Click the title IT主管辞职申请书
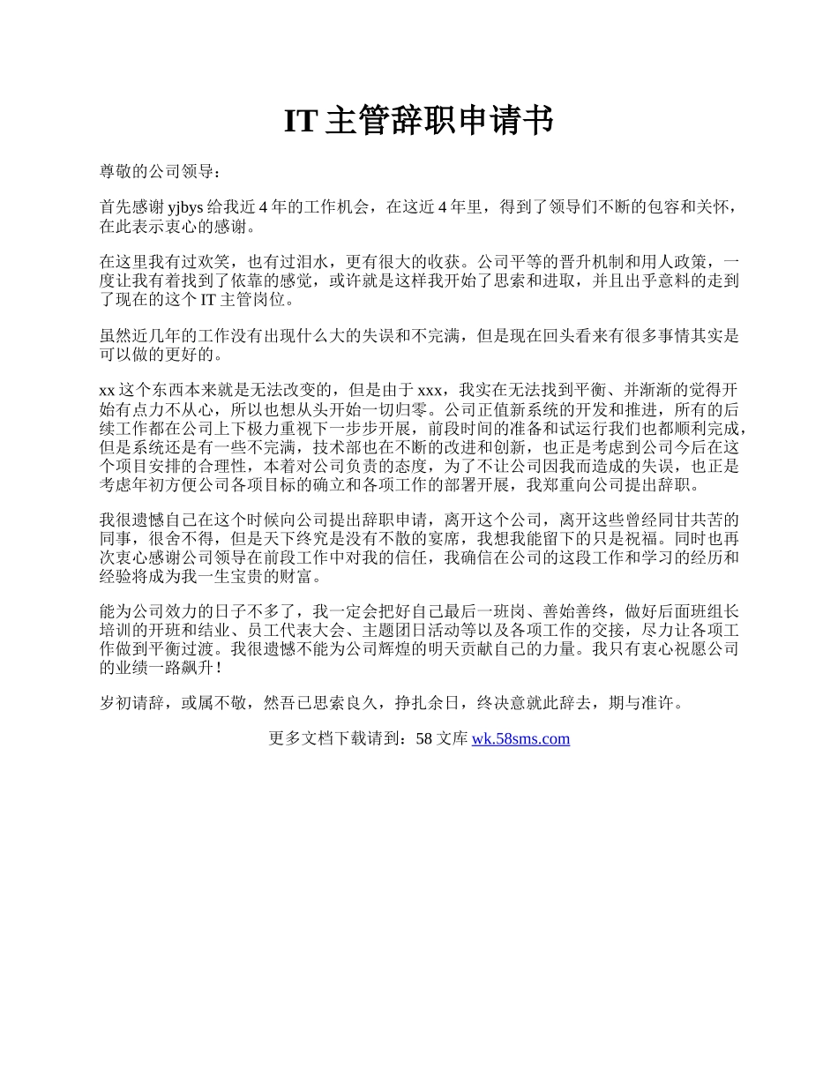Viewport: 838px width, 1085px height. click(418, 121)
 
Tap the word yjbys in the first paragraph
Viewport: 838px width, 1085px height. click(185, 207)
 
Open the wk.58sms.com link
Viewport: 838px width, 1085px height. click(520, 739)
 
